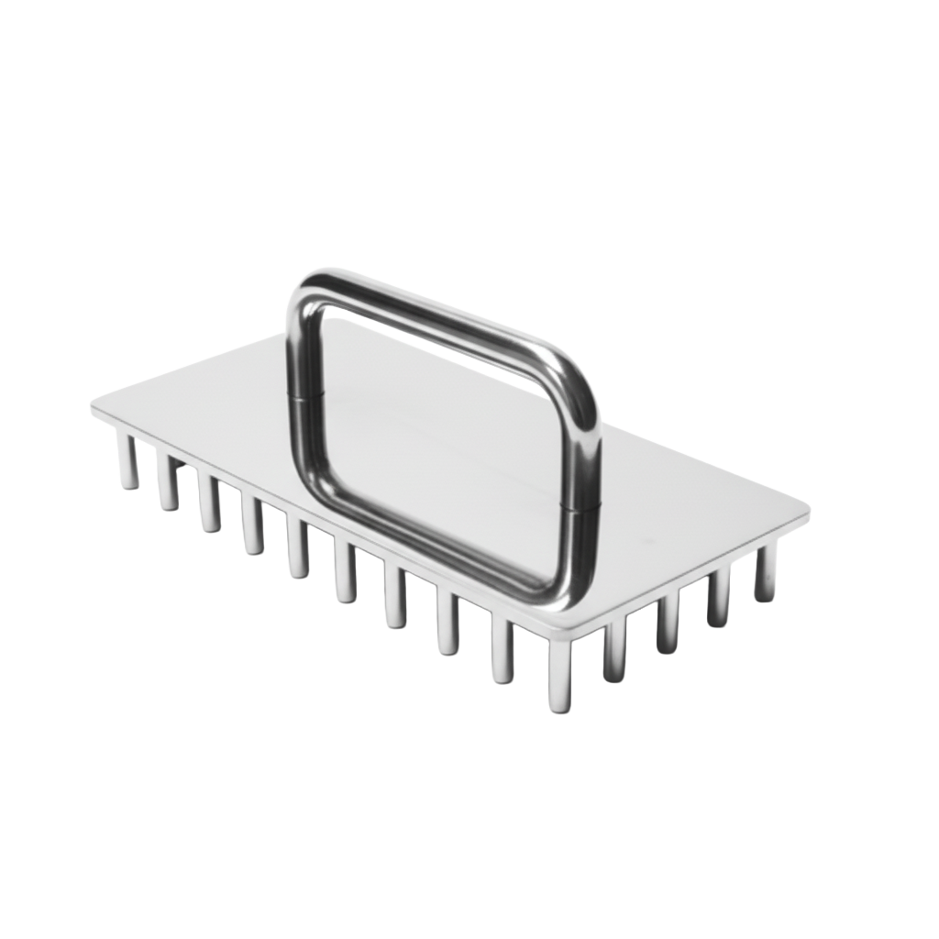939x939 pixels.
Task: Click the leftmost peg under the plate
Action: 127,461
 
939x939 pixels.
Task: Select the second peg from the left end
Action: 168,481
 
